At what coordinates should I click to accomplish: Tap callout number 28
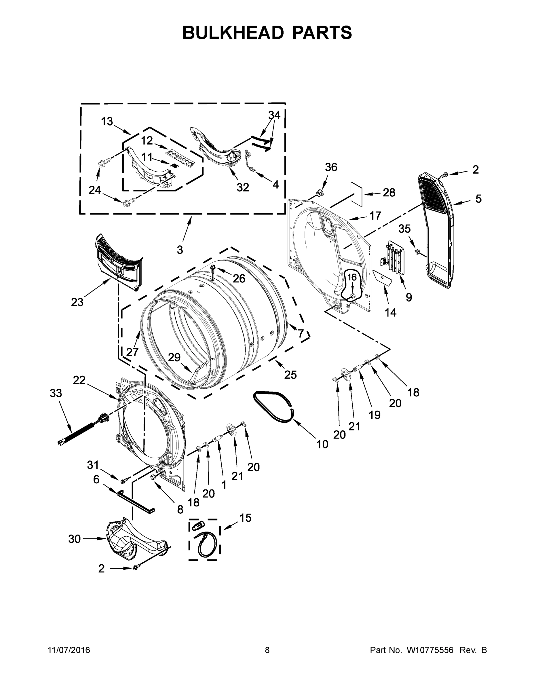pyautogui.click(x=389, y=192)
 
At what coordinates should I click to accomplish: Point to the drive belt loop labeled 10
pyautogui.click(x=273, y=406)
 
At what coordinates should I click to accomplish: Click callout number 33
pyautogui.click(x=56, y=393)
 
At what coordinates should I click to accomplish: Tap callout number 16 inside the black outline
pyautogui.click(x=352, y=277)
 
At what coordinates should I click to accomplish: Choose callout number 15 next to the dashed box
pyautogui.click(x=245, y=518)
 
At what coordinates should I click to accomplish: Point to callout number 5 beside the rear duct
pyautogui.click(x=478, y=199)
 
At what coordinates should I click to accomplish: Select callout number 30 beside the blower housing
pyautogui.click(x=74, y=539)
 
